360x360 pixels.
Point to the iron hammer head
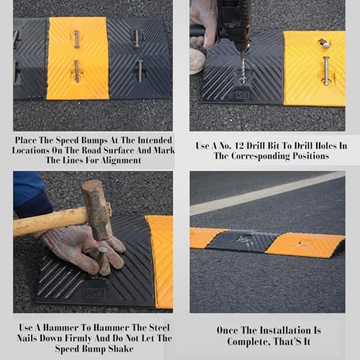tap(96, 210)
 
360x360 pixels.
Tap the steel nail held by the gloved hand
tap(101, 260)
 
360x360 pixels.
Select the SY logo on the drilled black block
tap(242, 95)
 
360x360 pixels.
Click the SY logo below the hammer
tap(96, 293)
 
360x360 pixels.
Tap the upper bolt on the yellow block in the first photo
tap(77, 39)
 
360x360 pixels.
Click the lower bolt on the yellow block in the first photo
tap(76, 71)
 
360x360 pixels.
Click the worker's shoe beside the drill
tap(197, 60)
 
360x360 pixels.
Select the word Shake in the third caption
tap(121, 348)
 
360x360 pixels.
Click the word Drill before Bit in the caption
tap(256, 145)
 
